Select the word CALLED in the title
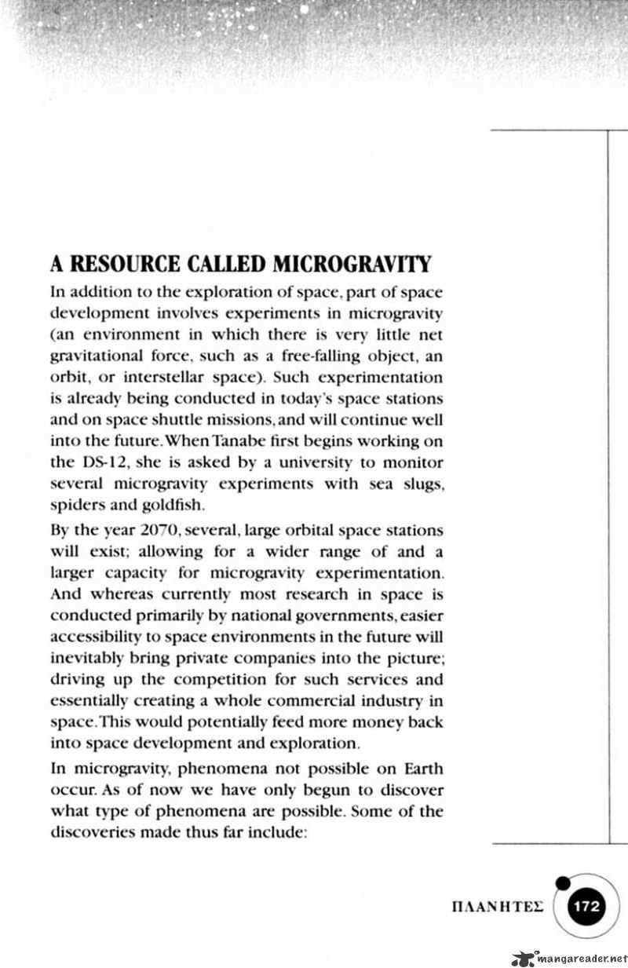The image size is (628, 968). coord(230,263)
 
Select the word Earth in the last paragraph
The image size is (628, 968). coord(420,769)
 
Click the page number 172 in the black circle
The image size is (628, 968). coord(586,905)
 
